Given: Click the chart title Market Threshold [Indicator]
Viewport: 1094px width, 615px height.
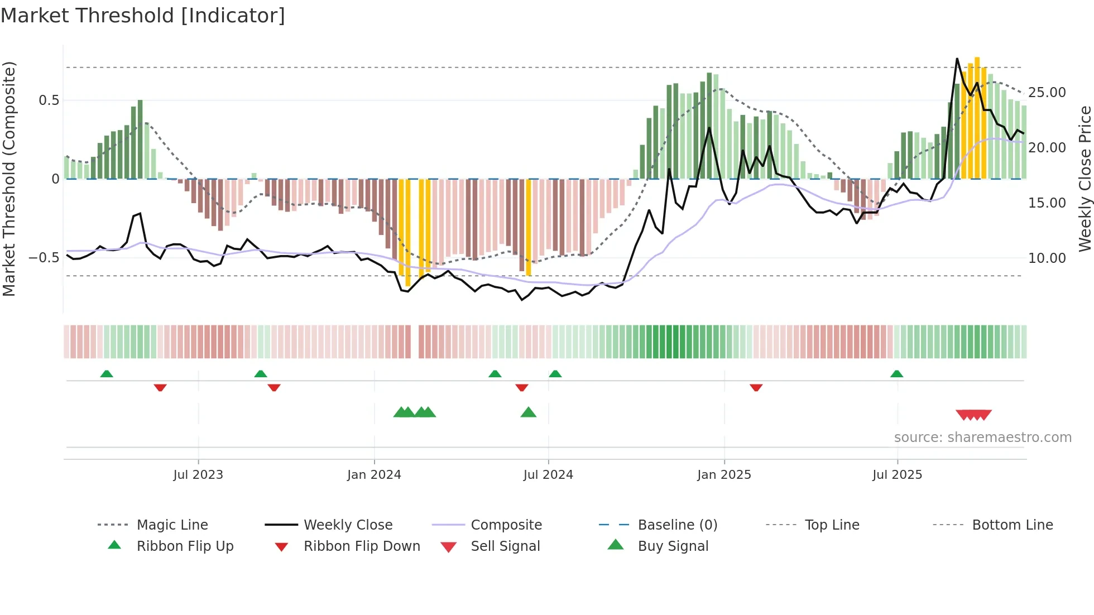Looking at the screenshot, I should coord(143,16).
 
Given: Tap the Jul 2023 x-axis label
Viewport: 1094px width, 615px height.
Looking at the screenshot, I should coord(198,475).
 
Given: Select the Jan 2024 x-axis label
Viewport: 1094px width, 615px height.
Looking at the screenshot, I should coord(374,475).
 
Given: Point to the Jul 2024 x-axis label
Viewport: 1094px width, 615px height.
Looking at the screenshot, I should coord(548,475).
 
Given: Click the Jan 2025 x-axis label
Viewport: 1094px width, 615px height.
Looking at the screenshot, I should coord(724,475).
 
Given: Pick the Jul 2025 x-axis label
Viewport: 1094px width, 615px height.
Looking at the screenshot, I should coord(898,475).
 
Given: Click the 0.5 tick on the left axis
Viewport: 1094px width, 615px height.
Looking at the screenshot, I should coord(49,100).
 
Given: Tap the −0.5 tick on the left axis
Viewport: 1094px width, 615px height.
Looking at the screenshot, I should coord(44,258).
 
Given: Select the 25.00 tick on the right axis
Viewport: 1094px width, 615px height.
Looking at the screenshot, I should coord(1047,93).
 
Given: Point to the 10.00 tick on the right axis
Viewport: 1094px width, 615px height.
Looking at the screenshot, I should coord(1047,258).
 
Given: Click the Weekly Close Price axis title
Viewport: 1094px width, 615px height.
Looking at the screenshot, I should coord(1085,179).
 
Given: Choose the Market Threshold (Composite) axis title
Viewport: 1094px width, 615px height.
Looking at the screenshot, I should coord(9,179).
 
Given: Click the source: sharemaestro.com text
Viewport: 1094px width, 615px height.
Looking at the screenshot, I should coord(982,438).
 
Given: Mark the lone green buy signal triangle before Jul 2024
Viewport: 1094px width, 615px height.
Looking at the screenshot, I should coord(528,412).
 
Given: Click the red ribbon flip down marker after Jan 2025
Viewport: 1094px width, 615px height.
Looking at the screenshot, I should coord(756,387).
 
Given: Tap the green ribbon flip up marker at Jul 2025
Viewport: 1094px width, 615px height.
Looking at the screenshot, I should coord(896,374).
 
